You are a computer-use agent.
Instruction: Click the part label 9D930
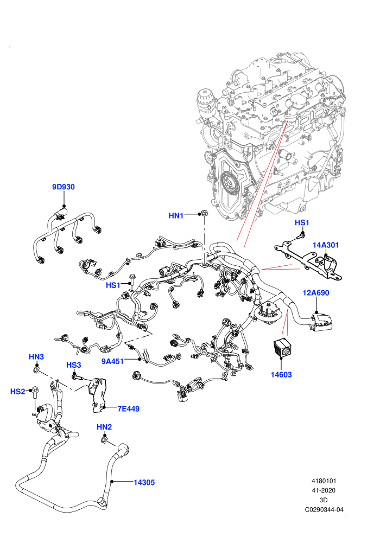pos(64,187)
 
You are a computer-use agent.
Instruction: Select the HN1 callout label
pos(176,215)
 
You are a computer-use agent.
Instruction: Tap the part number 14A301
pos(326,245)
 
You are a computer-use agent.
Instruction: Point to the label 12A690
pos(315,293)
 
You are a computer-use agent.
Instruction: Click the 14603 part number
pos(281,375)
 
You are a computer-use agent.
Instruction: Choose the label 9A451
pos(112,361)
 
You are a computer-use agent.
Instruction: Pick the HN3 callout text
pos(36,357)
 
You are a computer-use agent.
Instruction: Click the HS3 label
pos(74,365)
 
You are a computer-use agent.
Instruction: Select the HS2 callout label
pos(18,391)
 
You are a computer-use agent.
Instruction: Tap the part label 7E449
pos(129,408)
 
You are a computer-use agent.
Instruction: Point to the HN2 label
pos(104,427)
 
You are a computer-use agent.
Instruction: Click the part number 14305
pos(144,482)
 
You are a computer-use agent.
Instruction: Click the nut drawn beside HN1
pos(204,213)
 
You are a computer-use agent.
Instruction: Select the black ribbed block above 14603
pos(282,348)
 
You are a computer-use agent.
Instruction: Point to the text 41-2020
pos(324,490)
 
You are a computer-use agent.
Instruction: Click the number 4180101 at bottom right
pos(324,481)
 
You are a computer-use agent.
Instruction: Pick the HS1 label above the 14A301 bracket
pos(302,222)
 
